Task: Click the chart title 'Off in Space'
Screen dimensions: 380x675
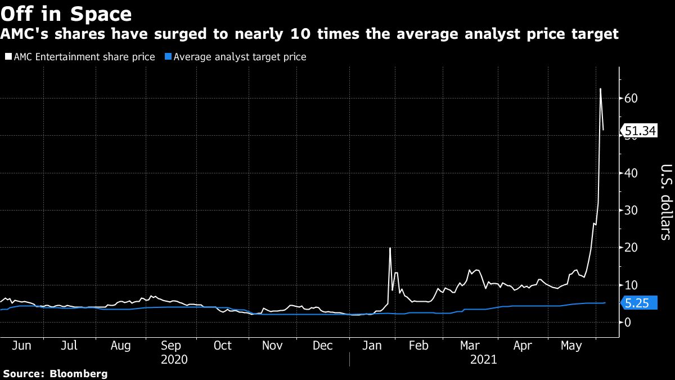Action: pos(66,14)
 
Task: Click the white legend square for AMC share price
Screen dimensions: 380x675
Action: pos(7,57)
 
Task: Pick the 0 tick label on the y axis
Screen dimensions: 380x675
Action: pos(627,322)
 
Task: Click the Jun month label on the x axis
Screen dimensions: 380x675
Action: pos(21,345)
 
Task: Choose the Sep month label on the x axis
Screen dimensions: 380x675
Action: pos(171,345)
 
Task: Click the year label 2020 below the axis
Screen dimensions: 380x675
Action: pos(174,359)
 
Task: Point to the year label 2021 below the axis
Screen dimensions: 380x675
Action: pos(483,359)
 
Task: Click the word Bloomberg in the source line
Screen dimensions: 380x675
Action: pos(79,373)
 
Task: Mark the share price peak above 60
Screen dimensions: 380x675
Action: pos(600,89)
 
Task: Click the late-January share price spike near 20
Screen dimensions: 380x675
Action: pos(390,248)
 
